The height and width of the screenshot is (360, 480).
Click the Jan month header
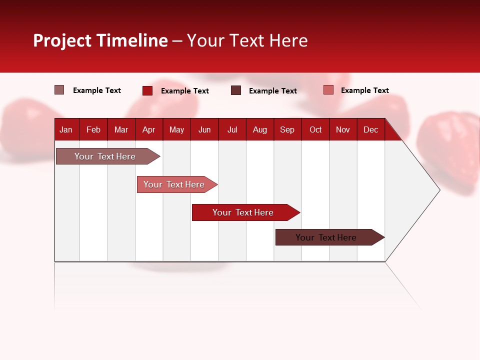coord(66,129)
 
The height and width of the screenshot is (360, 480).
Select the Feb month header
coord(93,129)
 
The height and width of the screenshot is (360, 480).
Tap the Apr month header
coord(148,129)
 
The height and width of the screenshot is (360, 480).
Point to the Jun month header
coord(204,129)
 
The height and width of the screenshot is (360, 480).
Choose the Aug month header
coord(260,129)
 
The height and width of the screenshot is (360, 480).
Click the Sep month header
coord(287,129)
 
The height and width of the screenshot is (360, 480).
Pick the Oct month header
coord(315,129)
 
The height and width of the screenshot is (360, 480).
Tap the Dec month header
coord(371,129)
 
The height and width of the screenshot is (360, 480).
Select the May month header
coord(176,129)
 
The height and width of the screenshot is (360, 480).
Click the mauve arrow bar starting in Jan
coord(105,156)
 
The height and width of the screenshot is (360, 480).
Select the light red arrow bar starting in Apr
coord(174,184)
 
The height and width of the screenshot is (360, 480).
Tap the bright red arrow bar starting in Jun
coord(243,212)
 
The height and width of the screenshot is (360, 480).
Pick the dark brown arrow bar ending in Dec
coord(326,237)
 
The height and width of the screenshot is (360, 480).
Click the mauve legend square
coord(59,90)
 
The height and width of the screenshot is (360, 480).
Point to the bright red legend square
coord(147,90)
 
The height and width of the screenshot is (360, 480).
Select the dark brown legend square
coord(236,90)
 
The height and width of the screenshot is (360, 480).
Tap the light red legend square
coord(328,90)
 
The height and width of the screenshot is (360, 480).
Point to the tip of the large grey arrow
coord(439,190)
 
